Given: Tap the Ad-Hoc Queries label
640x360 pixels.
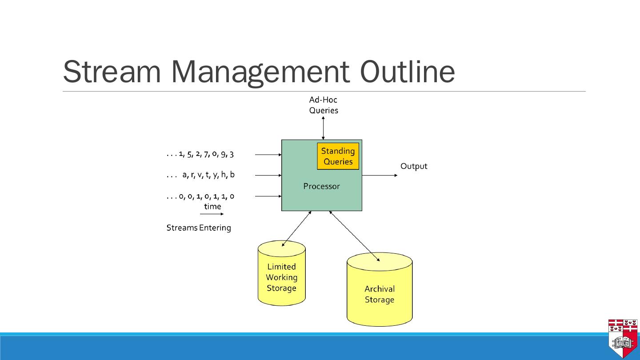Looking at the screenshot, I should (x=324, y=105).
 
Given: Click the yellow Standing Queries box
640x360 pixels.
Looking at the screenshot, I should (x=338, y=156).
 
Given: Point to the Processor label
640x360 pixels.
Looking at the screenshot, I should (x=321, y=186).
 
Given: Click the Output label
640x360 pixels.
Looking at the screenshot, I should (x=414, y=166).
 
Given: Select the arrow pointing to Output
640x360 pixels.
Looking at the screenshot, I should (x=380, y=175).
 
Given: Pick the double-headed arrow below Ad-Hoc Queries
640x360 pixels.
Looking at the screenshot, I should (x=323, y=128).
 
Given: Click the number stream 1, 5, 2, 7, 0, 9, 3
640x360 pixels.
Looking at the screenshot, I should (x=200, y=154).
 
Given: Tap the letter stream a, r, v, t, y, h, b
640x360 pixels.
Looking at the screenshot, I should (x=201, y=175).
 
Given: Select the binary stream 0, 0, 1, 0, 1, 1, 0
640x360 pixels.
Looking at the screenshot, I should (x=200, y=196).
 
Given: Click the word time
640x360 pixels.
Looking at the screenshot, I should (x=212, y=206).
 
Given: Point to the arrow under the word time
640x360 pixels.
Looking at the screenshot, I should (x=212, y=214).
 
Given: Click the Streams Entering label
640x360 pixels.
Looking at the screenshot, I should (x=199, y=228).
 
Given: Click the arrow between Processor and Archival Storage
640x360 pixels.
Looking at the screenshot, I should (x=354, y=236).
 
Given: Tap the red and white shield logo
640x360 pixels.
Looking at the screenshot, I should (x=624, y=338).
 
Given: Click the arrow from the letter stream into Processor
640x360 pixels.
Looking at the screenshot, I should (x=268, y=175).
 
